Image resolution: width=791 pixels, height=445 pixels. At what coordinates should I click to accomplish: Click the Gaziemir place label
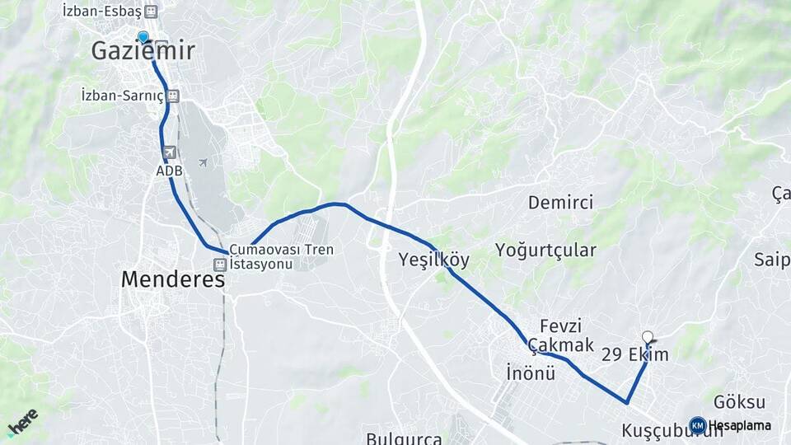pyautogui.click(x=143, y=51)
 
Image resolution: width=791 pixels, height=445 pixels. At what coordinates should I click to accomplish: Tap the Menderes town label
pyautogui.click(x=173, y=279)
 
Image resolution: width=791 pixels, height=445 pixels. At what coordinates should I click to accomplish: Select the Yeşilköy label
pyautogui.click(x=433, y=260)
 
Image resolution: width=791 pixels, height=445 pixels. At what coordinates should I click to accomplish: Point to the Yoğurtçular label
pyautogui.click(x=545, y=251)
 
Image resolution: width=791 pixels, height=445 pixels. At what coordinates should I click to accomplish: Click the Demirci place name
pyautogui.click(x=560, y=203)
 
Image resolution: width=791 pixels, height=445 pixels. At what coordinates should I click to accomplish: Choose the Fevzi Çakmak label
pyautogui.click(x=561, y=335)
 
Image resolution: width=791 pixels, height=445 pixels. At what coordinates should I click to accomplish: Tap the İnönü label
pyautogui.click(x=531, y=373)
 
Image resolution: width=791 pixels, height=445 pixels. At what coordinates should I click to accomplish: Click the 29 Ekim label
pyautogui.click(x=634, y=355)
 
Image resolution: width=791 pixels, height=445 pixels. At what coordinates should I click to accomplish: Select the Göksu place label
pyautogui.click(x=739, y=402)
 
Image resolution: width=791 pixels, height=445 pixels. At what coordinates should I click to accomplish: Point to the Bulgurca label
pyautogui.click(x=404, y=438)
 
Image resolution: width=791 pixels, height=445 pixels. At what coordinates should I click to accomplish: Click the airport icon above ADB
pyautogui.click(x=169, y=152)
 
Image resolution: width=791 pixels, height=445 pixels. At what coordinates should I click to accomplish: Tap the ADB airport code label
pyautogui.click(x=169, y=171)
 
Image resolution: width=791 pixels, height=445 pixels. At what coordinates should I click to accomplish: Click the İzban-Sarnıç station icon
pyautogui.click(x=173, y=96)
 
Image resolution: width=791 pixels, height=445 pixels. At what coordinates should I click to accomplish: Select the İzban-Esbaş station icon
pyautogui.click(x=150, y=12)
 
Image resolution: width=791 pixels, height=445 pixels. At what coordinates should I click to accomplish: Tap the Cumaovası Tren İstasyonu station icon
pyautogui.click(x=219, y=265)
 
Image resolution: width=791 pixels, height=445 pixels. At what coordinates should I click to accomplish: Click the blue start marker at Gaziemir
pyautogui.click(x=143, y=37)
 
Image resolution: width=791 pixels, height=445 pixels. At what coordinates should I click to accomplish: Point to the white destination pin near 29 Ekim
pyautogui.click(x=648, y=337)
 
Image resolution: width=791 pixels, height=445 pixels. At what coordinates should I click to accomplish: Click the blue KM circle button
pyautogui.click(x=698, y=425)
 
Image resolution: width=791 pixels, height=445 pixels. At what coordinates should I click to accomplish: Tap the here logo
pyautogui.click(x=22, y=421)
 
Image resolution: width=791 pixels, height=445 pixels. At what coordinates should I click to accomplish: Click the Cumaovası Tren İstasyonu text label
pyautogui.click(x=271, y=256)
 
